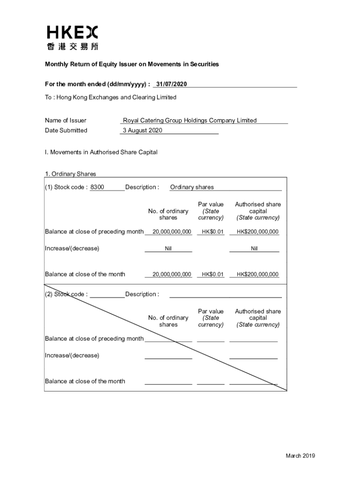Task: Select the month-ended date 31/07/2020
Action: pyautogui.click(x=172, y=84)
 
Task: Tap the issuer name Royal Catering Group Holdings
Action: pyautogui.click(x=190, y=120)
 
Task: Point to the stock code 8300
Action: pyautogui.click(x=97, y=187)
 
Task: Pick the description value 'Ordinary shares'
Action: pyautogui.click(x=192, y=187)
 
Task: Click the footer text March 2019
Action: pyautogui.click(x=301, y=456)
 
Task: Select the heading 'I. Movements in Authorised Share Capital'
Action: pyautogui.click(x=101, y=152)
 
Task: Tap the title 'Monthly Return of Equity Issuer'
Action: pyautogui.click(x=132, y=64)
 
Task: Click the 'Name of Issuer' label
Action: pyautogui.click(x=65, y=120)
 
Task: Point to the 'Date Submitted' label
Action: pyautogui.click(x=66, y=131)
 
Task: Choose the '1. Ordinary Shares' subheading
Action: pyautogui.click(x=71, y=174)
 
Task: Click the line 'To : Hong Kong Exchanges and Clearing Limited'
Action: pyautogui.click(x=111, y=97)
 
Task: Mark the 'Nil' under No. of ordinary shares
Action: pyautogui.click(x=168, y=249)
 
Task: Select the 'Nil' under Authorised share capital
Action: pyautogui.click(x=254, y=249)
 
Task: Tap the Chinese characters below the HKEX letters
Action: pyautogui.click(x=72, y=46)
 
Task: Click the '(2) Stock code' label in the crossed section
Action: pyautogui.click(x=66, y=294)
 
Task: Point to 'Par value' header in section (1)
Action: pyautogui.click(x=211, y=204)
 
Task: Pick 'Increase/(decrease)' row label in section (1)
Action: pyautogui.click(x=72, y=248)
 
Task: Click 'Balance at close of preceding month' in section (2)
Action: pyautogui.click(x=94, y=339)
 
